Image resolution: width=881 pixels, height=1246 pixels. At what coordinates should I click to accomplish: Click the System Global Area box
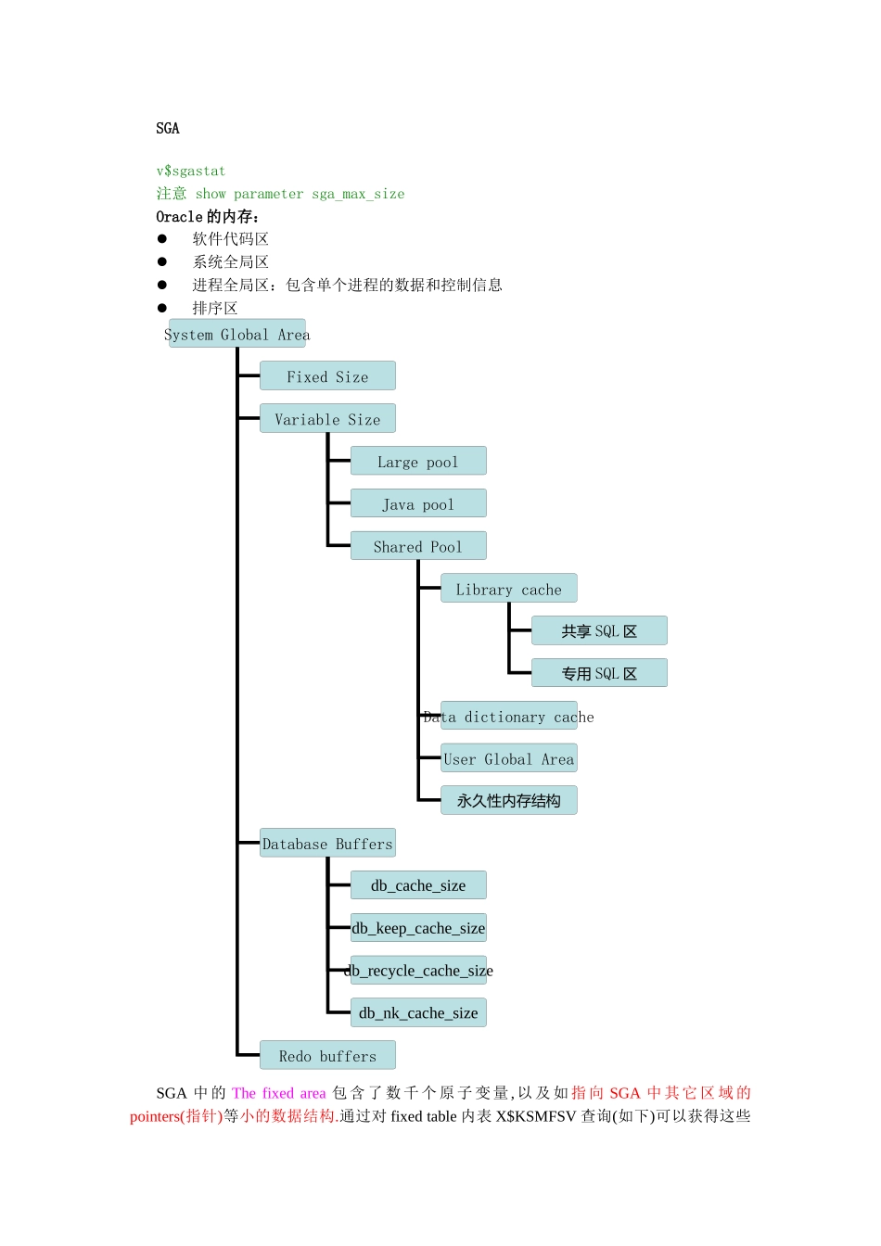click(237, 334)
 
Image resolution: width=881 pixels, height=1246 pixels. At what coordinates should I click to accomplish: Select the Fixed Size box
click(327, 376)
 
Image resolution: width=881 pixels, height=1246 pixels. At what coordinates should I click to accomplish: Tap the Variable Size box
click(327, 419)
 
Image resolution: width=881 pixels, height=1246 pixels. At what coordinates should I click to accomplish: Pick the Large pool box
click(418, 462)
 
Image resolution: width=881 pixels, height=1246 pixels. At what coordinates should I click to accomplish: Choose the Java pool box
click(418, 504)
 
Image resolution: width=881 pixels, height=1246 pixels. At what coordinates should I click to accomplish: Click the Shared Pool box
click(418, 546)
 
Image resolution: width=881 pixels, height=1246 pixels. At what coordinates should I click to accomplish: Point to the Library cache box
click(508, 589)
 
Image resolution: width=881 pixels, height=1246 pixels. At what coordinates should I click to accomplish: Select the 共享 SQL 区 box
click(599, 631)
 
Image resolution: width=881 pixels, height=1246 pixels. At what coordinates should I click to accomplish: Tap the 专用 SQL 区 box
click(599, 673)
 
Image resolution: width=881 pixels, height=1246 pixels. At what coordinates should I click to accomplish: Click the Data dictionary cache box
click(508, 716)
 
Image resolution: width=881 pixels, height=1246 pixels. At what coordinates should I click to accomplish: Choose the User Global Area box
click(508, 758)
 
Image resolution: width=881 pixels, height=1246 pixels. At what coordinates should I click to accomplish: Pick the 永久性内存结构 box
click(508, 801)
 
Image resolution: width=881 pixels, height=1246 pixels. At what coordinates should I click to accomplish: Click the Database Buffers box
click(327, 844)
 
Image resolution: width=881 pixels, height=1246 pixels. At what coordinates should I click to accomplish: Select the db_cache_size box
click(418, 885)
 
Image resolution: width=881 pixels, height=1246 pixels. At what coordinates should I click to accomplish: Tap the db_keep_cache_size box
click(418, 928)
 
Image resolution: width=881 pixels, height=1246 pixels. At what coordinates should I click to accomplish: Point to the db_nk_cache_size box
click(418, 1013)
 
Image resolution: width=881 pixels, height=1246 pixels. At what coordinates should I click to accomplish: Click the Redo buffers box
click(327, 1056)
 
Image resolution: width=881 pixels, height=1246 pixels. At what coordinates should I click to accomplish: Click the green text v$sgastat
click(191, 171)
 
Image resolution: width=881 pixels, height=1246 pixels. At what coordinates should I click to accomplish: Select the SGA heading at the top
click(168, 128)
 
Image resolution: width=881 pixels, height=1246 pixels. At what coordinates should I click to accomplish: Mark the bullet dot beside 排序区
click(162, 308)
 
